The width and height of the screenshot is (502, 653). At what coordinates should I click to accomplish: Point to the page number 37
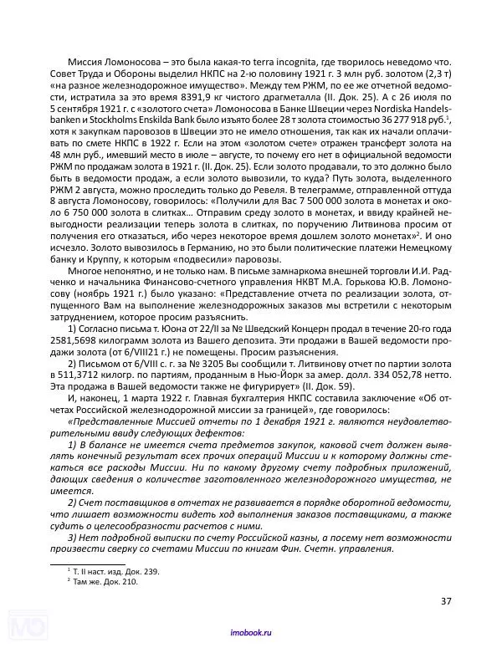click(x=444, y=599)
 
